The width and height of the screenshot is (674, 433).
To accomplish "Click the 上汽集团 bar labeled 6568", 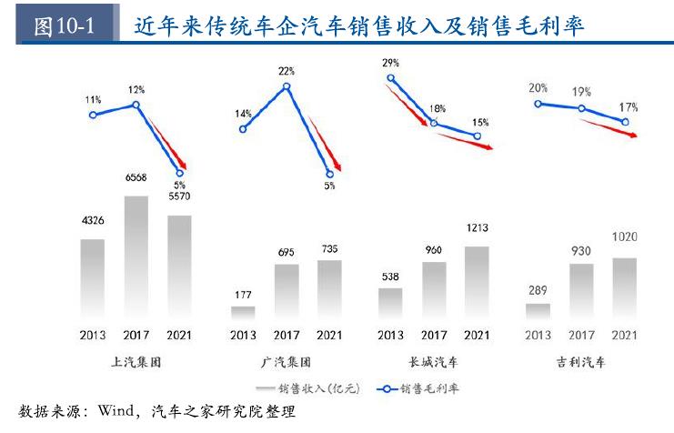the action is click(x=136, y=257).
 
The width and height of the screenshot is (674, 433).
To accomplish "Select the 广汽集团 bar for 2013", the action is click(x=243, y=313).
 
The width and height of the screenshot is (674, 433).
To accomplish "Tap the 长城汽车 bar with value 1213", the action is click(x=477, y=283).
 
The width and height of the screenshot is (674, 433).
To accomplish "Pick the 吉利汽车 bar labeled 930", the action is click(x=581, y=291).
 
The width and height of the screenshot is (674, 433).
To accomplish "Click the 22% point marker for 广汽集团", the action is click(x=287, y=86).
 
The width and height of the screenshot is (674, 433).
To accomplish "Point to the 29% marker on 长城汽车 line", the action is click(x=391, y=78).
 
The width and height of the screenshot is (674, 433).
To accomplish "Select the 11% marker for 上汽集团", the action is click(x=93, y=115).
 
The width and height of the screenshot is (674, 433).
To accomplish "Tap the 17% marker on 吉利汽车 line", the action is click(x=626, y=122).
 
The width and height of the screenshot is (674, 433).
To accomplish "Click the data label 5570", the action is click(x=179, y=196).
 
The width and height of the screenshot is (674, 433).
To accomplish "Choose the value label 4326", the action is click(x=93, y=220).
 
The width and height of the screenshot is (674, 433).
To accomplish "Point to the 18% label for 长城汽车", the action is click(x=438, y=109).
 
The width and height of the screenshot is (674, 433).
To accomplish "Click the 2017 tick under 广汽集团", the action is click(x=287, y=335).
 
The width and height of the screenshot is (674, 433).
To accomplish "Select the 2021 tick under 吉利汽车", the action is click(x=624, y=335).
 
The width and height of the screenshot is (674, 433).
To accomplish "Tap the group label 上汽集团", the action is click(x=136, y=362).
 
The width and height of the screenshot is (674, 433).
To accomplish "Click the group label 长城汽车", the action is click(x=433, y=362).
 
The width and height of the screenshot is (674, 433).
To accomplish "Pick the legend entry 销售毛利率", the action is click(x=417, y=388).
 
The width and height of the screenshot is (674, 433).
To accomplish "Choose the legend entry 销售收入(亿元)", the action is click(x=307, y=388).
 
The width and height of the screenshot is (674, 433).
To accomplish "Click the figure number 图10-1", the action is click(x=64, y=26).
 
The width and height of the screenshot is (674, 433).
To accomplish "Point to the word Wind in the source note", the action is click(x=116, y=410).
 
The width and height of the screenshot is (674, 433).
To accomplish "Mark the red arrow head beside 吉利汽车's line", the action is click(x=633, y=135).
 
